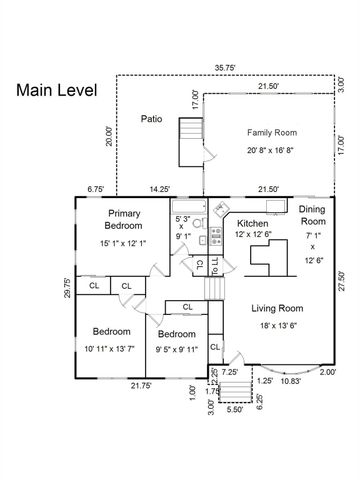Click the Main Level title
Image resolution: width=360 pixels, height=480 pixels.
point(57,90)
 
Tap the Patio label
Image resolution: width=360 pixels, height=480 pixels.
point(151,119)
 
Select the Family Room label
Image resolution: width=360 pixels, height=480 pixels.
point(272,133)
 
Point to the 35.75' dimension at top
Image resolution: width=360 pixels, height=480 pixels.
point(225,68)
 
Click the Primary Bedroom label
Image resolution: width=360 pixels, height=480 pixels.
point(124,219)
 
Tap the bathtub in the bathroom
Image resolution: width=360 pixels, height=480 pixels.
point(188,207)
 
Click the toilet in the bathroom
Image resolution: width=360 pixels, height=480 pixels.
point(200,223)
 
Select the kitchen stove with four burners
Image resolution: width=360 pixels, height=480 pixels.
point(216,236)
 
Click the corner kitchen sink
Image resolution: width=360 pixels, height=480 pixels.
point(220,209)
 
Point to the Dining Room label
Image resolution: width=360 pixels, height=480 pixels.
point(312,215)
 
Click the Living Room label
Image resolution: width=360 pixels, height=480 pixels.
point(277,308)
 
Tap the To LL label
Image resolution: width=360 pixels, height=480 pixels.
point(216,266)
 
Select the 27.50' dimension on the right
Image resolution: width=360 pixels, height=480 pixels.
point(341,281)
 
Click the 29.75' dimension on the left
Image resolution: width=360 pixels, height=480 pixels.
point(68,287)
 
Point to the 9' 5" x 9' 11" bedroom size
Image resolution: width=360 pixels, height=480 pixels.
point(177,349)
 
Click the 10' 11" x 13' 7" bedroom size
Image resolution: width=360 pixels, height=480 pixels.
point(109,349)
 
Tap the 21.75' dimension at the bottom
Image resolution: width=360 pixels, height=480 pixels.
point(141,386)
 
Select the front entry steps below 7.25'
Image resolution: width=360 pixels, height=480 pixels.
point(235,391)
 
